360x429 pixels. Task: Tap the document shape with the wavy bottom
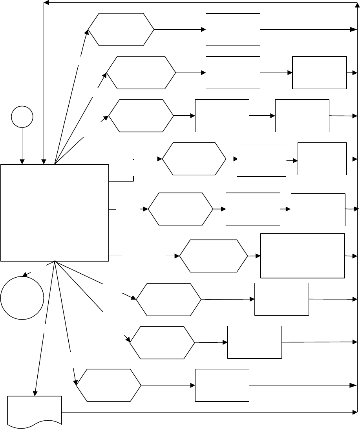(x=35, y=410)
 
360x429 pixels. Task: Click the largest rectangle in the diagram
(x=55, y=212)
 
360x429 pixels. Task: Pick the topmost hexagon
(x=121, y=29)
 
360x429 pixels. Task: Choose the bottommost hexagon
(x=109, y=385)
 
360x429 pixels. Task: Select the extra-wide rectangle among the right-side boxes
(x=303, y=256)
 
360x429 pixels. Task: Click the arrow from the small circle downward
(x=22, y=145)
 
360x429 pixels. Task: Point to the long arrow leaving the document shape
(x=208, y=412)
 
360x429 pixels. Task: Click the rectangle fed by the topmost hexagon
(x=233, y=29)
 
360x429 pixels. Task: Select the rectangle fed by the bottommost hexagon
(x=222, y=385)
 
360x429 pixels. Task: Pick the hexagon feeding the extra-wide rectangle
(x=214, y=256)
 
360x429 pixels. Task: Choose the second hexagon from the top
(x=141, y=73)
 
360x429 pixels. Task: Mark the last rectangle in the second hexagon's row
(x=320, y=73)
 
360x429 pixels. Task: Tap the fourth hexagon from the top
(x=194, y=159)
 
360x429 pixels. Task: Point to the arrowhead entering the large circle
(x=25, y=275)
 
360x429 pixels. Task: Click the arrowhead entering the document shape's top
(x=35, y=393)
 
